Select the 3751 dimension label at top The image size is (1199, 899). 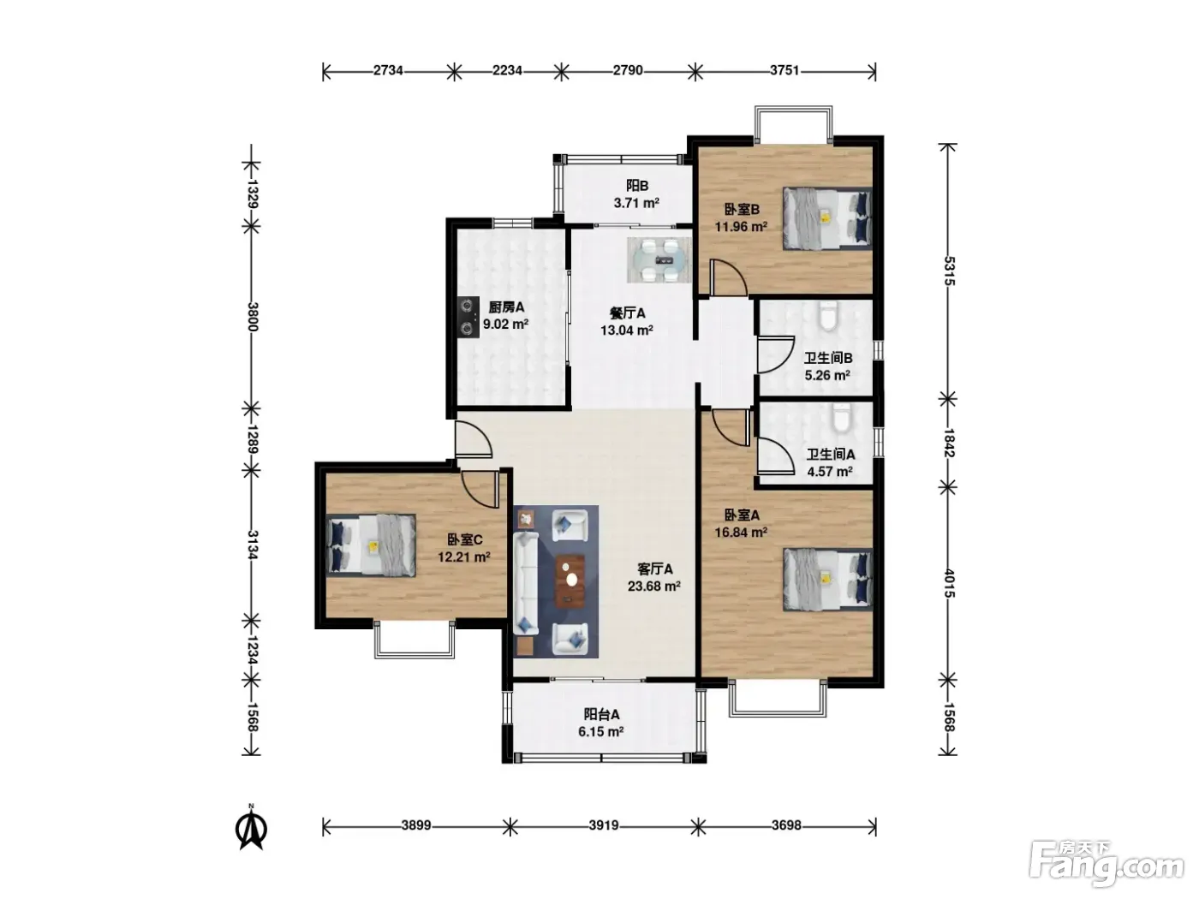coord(784,70)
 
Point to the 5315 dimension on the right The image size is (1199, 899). coord(950,271)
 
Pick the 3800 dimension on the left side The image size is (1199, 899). coord(253,317)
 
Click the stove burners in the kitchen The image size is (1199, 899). coord(467,317)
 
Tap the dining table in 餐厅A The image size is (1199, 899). coord(659,259)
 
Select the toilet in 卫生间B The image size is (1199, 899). coord(829,317)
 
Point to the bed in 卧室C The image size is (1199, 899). coord(371,545)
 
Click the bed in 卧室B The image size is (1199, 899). coord(827,218)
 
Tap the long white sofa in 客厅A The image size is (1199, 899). coord(526,583)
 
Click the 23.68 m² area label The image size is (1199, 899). coord(653,586)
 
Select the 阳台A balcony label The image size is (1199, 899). coord(601,714)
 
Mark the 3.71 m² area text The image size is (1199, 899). coord(636,204)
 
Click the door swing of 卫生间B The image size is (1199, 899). coord(774,354)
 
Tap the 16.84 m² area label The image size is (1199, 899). coord(741,533)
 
